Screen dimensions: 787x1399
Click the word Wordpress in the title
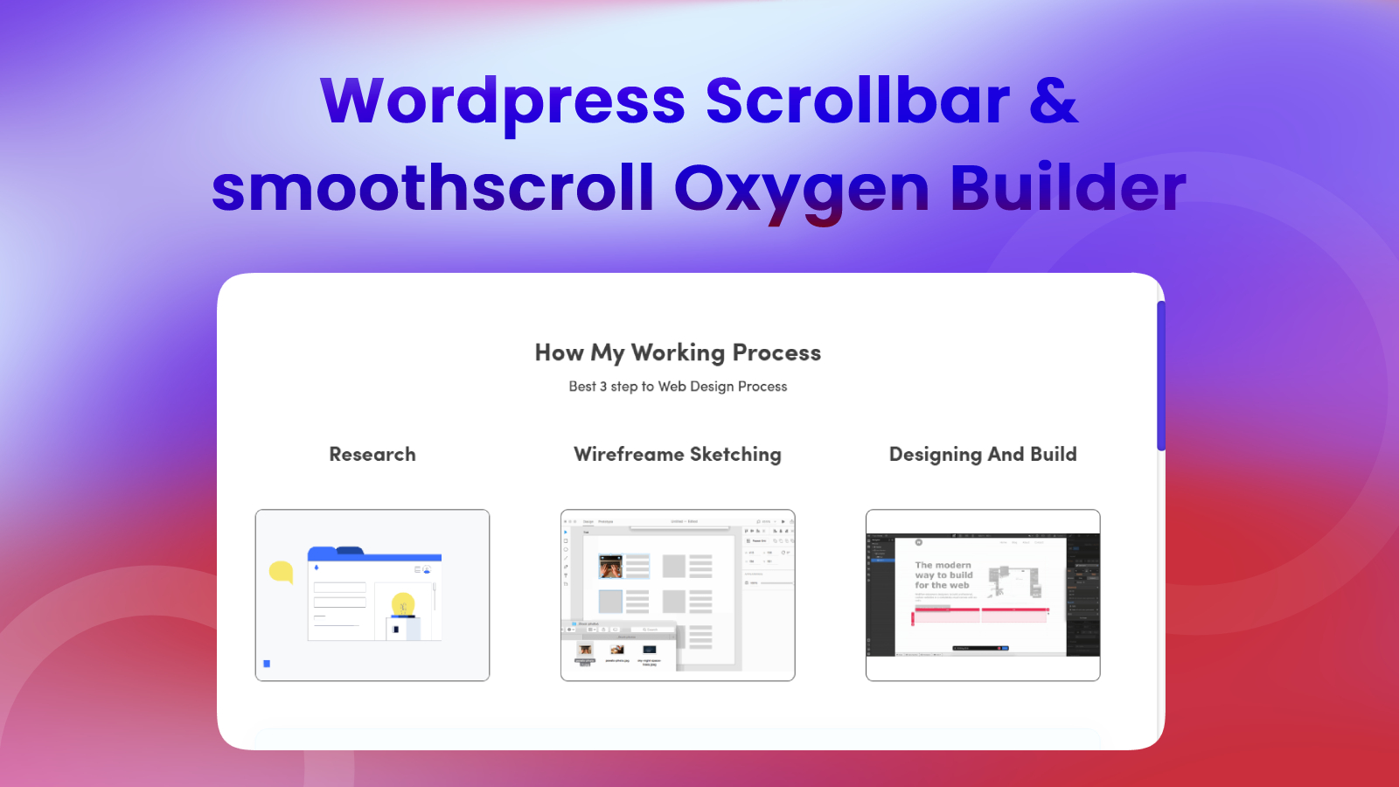coord(503,101)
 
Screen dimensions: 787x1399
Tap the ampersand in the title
coord(1054,101)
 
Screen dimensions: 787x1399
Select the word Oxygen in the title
coord(801,189)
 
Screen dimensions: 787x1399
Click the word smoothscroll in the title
coord(433,189)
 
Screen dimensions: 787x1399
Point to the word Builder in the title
coord(1068,189)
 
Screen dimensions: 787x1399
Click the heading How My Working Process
coord(678,352)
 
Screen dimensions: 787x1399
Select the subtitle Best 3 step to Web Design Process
coord(678,387)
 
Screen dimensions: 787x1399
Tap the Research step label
coord(372,455)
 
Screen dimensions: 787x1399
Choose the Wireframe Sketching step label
coord(678,455)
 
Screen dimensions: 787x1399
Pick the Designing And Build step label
coord(983,455)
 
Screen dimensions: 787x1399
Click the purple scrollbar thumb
coord(1160,376)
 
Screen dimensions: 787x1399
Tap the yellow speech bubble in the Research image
coord(281,572)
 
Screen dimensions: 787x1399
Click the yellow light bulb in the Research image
coord(403,603)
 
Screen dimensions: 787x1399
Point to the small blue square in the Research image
coord(267,664)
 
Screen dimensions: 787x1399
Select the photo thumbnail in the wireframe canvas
coord(610,567)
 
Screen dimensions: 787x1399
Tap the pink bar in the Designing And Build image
coord(980,616)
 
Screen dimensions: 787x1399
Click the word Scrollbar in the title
coord(858,101)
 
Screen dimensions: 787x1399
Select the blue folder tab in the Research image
coord(324,554)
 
